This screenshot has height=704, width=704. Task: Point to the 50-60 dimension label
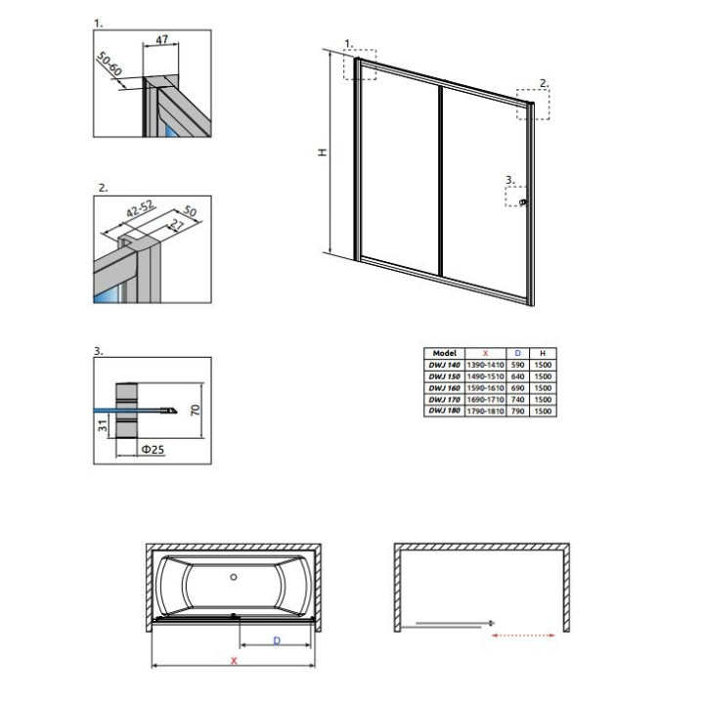coord(109,65)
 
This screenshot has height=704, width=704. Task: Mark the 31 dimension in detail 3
coord(103,425)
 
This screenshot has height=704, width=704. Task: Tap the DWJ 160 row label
coord(445,388)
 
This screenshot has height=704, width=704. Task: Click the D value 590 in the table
coord(517,365)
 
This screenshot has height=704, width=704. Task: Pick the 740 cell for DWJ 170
coord(517,400)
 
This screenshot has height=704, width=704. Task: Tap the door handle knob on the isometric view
coord(524,202)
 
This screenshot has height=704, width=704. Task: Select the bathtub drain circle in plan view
coord(233,577)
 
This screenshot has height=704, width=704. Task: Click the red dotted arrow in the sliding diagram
coord(529,634)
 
